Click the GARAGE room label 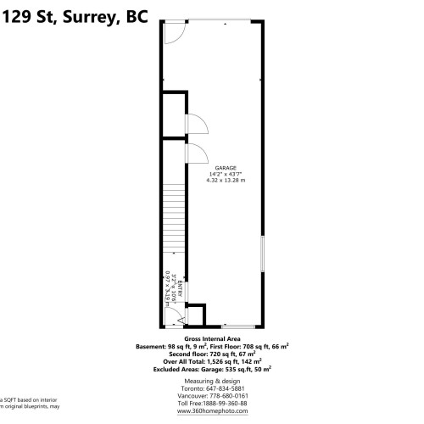click(x=225, y=168)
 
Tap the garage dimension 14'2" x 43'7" click(x=225, y=174)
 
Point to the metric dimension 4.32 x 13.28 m click(x=225, y=180)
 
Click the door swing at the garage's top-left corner click(x=173, y=33)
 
